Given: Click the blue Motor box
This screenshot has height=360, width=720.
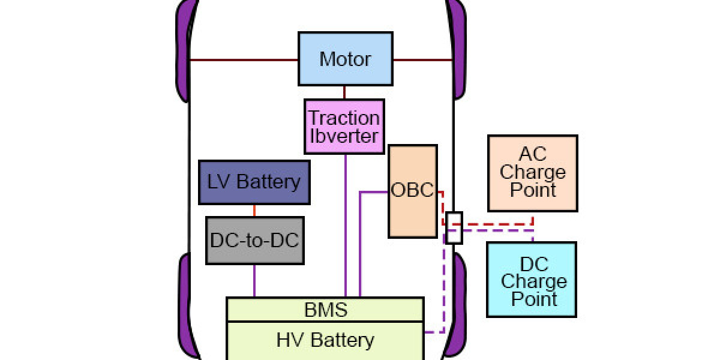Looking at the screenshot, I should pyautogui.click(x=346, y=59).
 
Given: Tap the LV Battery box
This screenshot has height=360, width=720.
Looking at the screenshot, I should pyautogui.click(x=254, y=182).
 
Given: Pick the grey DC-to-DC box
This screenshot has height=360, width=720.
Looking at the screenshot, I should pyautogui.click(x=254, y=241).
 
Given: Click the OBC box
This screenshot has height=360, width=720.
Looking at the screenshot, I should pyautogui.click(x=412, y=191).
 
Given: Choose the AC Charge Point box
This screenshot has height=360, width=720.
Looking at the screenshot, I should pyautogui.click(x=532, y=173).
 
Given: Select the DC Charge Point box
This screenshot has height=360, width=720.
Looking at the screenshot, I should pyautogui.click(x=532, y=280).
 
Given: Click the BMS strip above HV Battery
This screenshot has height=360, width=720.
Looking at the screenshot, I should pyautogui.click(x=325, y=310).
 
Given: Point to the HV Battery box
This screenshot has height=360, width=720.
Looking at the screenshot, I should pyautogui.click(x=325, y=340).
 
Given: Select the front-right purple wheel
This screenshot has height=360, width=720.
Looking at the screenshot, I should pyautogui.click(x=459, y=48).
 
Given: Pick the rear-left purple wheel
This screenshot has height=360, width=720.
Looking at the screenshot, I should pyautogui.click(x=185, y=306).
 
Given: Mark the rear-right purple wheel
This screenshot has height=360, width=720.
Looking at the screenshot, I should pyautogui.click(x=459, y=306).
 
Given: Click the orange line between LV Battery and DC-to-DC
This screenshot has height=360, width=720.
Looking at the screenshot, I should pyautogui.click(x=254, y=211).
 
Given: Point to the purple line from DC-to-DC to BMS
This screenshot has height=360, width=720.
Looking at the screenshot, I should pyautogui.click(x=254, y=280).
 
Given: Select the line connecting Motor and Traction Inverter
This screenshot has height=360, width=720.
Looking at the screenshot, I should pyautogui.click(x=344, y=92).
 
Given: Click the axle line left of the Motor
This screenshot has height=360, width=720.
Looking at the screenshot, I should pyautogui.click(x=244, y=60).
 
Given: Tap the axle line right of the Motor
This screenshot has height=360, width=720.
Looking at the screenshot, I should pyautogui.click(x=422, y=60).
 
